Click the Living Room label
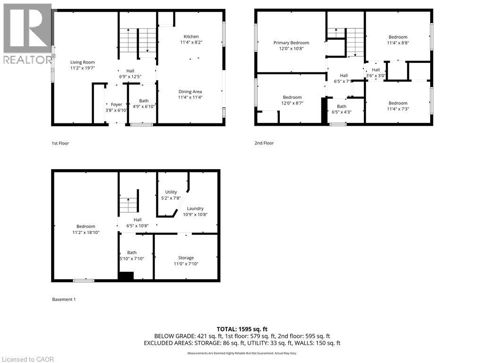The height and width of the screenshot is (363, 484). (x=83, y=62)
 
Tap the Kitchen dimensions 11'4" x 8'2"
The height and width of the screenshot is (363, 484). (x=191, y=43)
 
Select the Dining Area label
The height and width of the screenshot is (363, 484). (x=190, y=92)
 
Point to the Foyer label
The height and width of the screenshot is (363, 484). (x=116, y=104)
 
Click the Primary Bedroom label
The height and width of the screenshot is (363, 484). (x=291, y=43)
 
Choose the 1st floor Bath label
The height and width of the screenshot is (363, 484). (x=144, y=101)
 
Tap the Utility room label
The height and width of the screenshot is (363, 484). (x=171, y=192)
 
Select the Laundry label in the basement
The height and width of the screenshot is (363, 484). (x=195, y=208)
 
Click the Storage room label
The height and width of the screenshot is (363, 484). (x=186, y=258)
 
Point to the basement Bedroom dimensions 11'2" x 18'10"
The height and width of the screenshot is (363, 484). (x=86, y=232)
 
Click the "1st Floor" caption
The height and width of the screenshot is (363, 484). (x=60, y=143)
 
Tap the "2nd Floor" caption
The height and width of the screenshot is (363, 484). (x=264, y=143)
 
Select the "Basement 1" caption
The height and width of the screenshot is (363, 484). (x=64, y=299)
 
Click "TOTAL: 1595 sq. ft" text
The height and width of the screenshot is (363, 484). (x=242, y=329)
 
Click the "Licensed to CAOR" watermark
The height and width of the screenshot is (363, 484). (x=27, y=359)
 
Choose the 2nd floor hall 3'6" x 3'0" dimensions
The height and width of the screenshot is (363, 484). (x=376, y=75)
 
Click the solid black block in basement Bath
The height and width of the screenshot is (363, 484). (x=126, y=277)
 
